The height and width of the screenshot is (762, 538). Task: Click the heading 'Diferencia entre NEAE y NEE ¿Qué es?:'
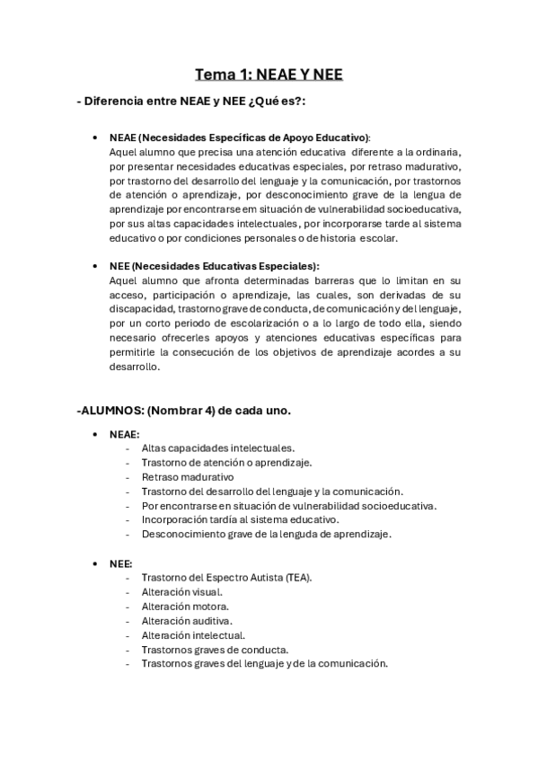click(191, 102)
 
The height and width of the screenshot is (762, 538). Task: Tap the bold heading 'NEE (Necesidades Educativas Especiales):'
click(214, 266)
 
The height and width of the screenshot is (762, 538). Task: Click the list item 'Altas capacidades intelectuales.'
click(217, 447)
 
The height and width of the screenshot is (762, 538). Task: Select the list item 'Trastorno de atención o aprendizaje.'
click(226, 462)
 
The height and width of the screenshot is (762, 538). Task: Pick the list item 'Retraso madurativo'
click(187, 476)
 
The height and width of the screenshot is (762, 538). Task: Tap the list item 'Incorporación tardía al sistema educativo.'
click(240, 519)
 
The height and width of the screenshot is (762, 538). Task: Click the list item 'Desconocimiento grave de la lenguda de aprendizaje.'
click(266, 534)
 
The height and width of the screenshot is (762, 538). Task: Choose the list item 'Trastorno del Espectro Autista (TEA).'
click(226, 577)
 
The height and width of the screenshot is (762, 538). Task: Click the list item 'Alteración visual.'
click(181, 591)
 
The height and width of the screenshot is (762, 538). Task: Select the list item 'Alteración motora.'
click(184, 606)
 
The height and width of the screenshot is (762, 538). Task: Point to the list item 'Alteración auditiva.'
click(187, 620)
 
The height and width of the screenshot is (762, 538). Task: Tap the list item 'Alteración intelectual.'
click(193, 634)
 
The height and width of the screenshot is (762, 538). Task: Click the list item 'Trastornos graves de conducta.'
click(215, 649)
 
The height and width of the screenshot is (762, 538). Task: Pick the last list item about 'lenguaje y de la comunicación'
click(264, 663)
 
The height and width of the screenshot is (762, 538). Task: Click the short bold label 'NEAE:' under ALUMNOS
click(124, 434)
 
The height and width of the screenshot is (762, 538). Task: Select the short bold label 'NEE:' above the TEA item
click(120, 563)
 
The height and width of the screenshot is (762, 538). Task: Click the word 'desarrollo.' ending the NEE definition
click(135, 367)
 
